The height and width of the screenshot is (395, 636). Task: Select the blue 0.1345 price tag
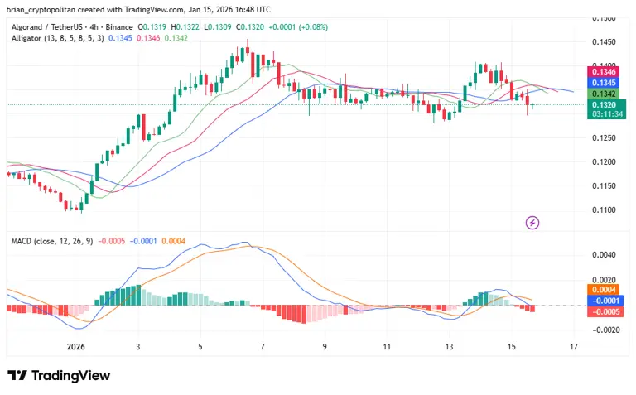pyautogui.click(x=601, y=83)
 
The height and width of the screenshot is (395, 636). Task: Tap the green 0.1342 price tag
pyautogui.click(x=601, y=94)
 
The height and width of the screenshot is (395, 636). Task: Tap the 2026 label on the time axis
pyautogui.click(x=76, y=346)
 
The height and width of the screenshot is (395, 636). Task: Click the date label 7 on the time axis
pyautogui.click(x=263, y=346)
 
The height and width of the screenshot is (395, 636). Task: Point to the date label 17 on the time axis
pyautogui.click(x=573, y=346)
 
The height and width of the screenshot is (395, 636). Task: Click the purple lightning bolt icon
pyautogui.click(x=533, y=222)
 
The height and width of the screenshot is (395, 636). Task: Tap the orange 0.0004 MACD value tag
pyautogui.click(x=601, y=290)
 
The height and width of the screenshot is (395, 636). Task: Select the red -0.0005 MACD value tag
pyautogui.click(x=601, y=311)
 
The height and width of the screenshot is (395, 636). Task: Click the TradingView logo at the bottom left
pyautogui.click(x=59, y=376)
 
